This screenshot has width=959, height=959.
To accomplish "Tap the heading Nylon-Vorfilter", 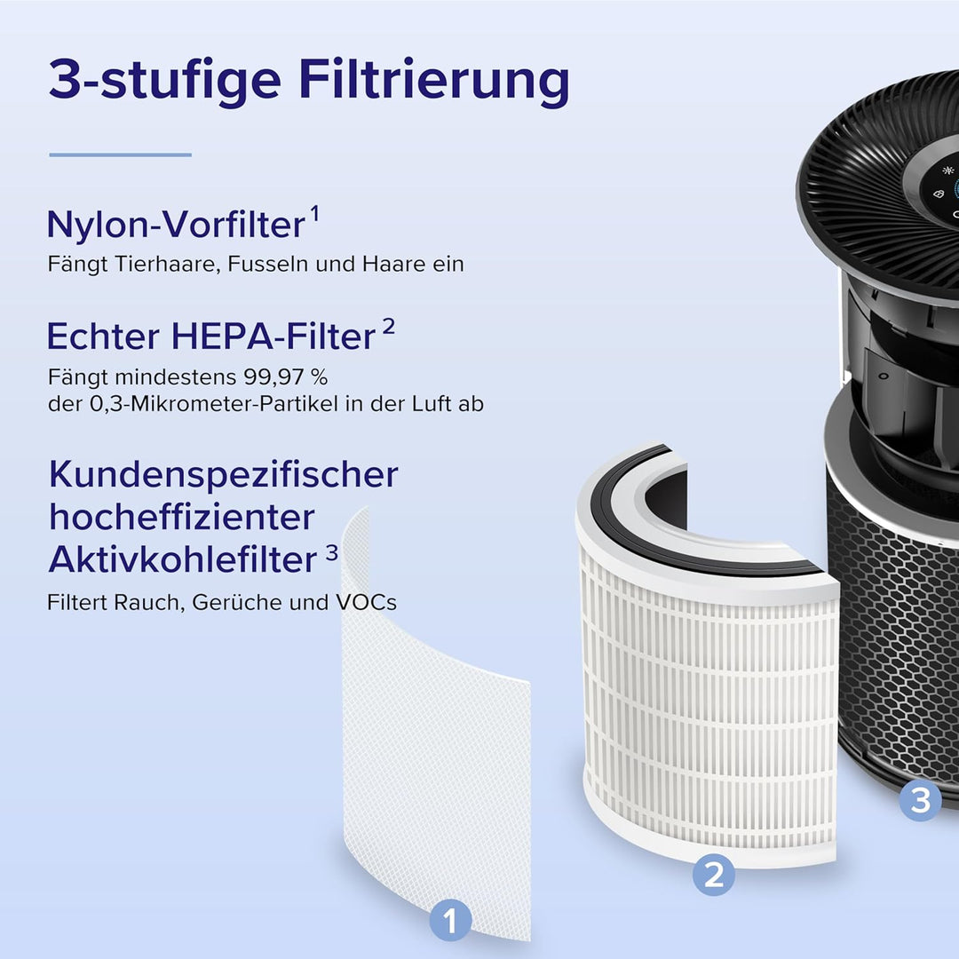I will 175,225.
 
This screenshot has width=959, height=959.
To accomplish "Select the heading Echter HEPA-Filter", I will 211,337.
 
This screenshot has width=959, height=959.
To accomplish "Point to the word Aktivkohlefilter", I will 182,559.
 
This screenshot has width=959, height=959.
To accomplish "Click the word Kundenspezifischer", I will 223,474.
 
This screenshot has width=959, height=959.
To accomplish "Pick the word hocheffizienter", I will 182,517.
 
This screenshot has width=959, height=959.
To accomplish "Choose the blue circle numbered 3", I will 920,800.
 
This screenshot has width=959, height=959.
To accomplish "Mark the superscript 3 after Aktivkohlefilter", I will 331,551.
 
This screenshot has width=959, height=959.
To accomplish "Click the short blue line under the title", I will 120,155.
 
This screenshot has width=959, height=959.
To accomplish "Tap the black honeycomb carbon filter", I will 897,639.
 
